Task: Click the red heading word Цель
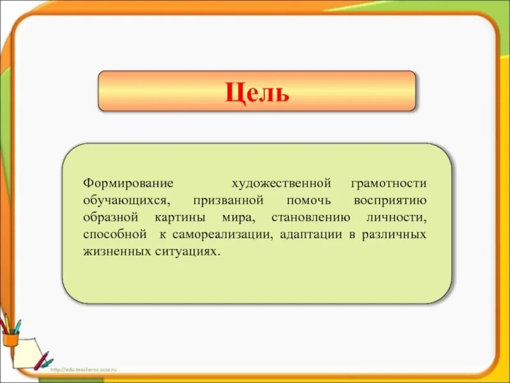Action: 257,93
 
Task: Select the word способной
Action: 115,235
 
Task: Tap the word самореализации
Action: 221,235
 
